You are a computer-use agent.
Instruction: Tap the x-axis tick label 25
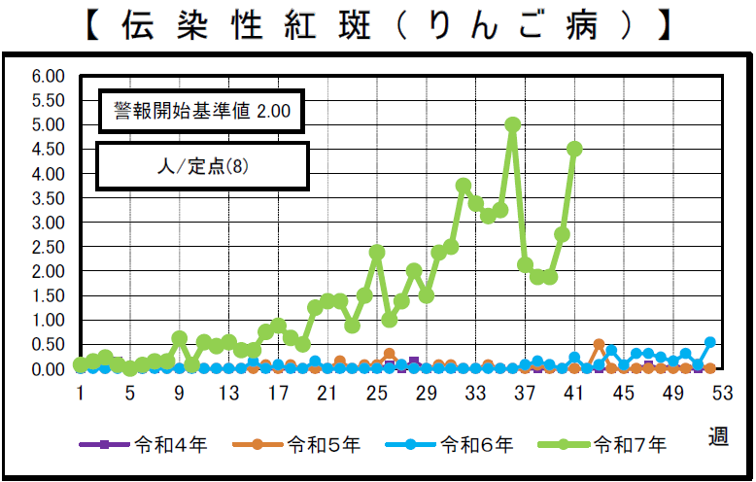click(x=377, y=394)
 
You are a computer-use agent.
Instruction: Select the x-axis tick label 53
click(x=721, y=394)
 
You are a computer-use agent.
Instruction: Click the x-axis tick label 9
click(x=180, y=394)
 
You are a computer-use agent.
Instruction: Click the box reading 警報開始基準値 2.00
click(x=202, y=112)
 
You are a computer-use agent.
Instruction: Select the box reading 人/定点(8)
click(x=202, y=166)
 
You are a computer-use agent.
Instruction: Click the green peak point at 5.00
click(x=513, y=124)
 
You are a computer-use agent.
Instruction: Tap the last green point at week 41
click(x=574, y=149)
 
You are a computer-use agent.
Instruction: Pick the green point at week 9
click(x=179, y=338)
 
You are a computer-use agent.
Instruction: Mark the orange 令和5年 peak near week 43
click(x=600, y=345)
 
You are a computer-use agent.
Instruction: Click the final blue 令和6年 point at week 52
click(x=710, y=342)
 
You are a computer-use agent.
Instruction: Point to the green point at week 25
click(x=377, y=252)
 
